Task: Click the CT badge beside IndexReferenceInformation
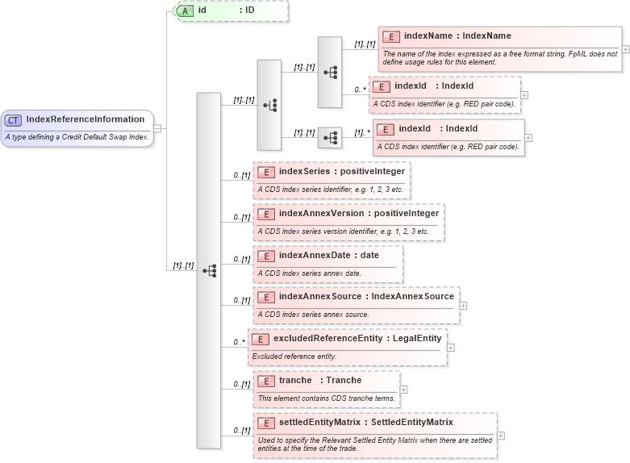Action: (14, 120)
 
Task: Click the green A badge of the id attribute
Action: (186, 10)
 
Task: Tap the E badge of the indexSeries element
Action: (266, 172)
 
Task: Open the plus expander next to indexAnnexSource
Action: (463, 306)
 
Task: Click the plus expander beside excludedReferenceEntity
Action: (450, 348)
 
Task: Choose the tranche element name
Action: (295, 380)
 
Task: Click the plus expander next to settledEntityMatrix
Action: (501, 436)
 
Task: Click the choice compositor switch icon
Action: (269, 105)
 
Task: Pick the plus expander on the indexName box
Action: (625, 48)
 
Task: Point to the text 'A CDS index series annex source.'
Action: (313, 315)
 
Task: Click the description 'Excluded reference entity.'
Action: (294, 357)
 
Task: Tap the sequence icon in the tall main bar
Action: (209, 271)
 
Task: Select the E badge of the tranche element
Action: (266, 381)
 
